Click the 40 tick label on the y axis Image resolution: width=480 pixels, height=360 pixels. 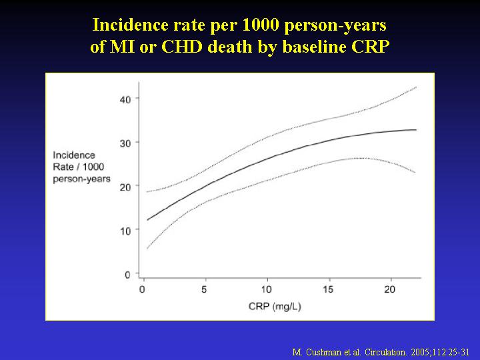coord(125,99)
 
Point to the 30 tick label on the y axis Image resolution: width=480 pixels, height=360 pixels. coord(125,143)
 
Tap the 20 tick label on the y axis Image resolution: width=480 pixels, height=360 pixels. coord(125,187)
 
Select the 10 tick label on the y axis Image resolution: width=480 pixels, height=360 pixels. coord(125,231)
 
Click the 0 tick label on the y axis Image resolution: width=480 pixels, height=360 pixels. coord(127,275)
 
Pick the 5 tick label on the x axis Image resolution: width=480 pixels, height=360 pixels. coord(204,289)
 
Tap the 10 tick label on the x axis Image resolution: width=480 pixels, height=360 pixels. coord(266,289)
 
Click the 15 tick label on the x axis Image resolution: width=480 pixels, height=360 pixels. coord(328,289)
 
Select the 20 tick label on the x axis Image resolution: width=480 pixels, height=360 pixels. coord(390,289)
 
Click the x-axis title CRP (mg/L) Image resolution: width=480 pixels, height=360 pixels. coord(275,307)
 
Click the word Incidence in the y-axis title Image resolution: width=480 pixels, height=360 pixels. coord(74,155)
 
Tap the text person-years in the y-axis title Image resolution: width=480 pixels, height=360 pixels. coord(82,179)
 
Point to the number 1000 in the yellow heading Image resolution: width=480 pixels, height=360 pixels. coord(261,25)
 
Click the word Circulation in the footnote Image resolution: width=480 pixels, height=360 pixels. coord(385,352)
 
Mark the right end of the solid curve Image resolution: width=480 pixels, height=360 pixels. coord(416,130)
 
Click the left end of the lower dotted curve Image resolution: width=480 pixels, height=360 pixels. coord(147,249)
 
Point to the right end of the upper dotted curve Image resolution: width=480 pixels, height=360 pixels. coord(417,87)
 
